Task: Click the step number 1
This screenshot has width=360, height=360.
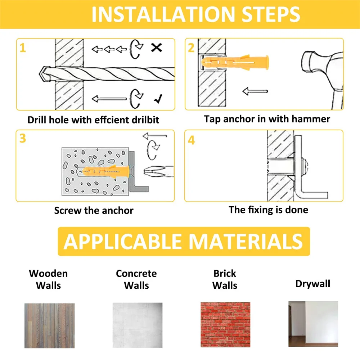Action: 22,48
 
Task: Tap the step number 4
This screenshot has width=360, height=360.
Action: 191,140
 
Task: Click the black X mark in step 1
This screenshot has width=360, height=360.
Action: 157,48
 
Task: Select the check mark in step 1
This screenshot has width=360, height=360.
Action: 158,99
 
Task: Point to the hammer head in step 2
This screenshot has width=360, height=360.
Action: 321,67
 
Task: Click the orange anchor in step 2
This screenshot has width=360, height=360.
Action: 235,62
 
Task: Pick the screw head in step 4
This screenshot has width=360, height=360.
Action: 305,165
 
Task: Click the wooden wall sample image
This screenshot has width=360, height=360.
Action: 50,325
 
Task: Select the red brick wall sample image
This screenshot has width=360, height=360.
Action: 225,324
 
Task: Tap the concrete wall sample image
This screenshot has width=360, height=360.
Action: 137,325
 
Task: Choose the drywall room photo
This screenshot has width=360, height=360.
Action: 313,324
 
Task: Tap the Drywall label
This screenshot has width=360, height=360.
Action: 313,284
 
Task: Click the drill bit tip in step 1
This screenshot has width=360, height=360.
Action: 40,74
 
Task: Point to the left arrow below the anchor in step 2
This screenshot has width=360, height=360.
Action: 255,91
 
